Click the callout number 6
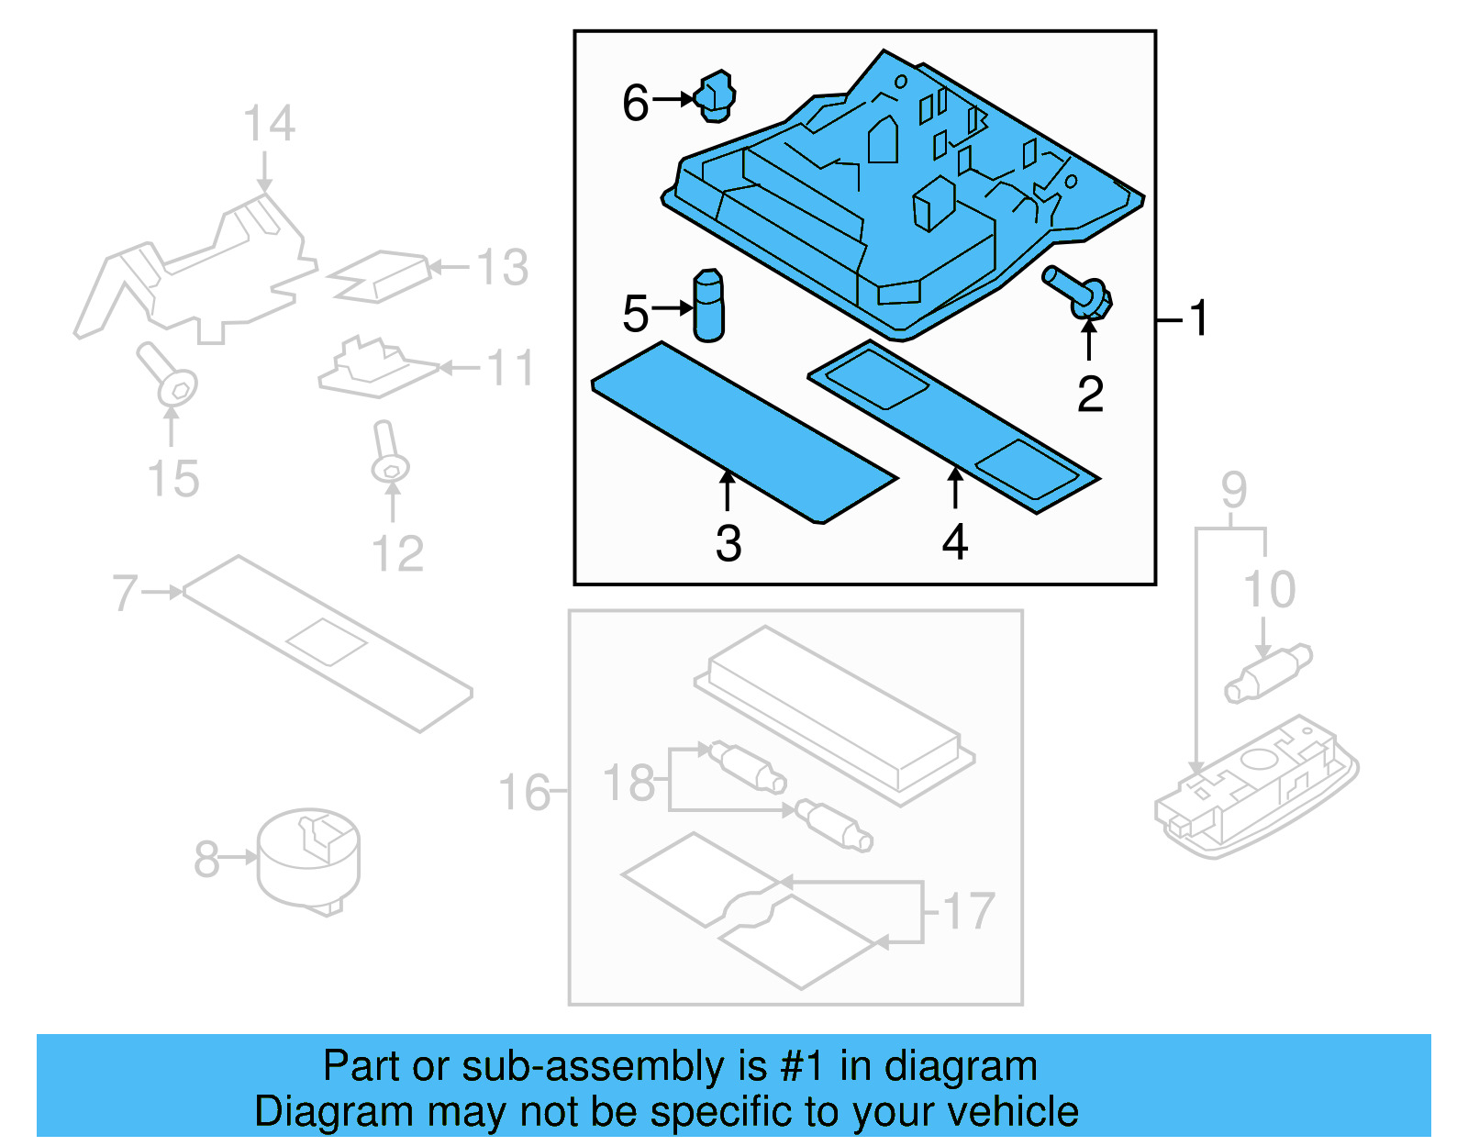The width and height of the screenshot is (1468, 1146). pyautogui.click(x=635, y=103)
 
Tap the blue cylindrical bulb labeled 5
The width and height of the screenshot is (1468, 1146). pyautogui.click(x=708, y=306)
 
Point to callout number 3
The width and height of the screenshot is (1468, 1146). pyautogui.click(x=728, y=544)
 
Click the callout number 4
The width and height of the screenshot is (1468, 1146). pyautogui.click(x=955, y=542)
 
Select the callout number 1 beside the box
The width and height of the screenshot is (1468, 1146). pyautogui.click(x=1198, y=318)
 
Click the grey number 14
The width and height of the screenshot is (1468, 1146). pyautogui.click(x=269, y=123)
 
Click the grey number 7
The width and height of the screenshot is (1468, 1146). pyautogui.click(x=125, y=592)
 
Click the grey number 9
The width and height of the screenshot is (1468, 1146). pyautogui.click(x=1234, y=490)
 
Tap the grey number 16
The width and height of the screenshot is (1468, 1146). pyautogui.click(x=524, y=792)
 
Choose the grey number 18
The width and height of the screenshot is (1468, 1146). pyautogui.click(x=628, y=783)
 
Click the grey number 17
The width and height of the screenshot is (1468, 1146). pyautogui.click(x=969, y=910)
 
